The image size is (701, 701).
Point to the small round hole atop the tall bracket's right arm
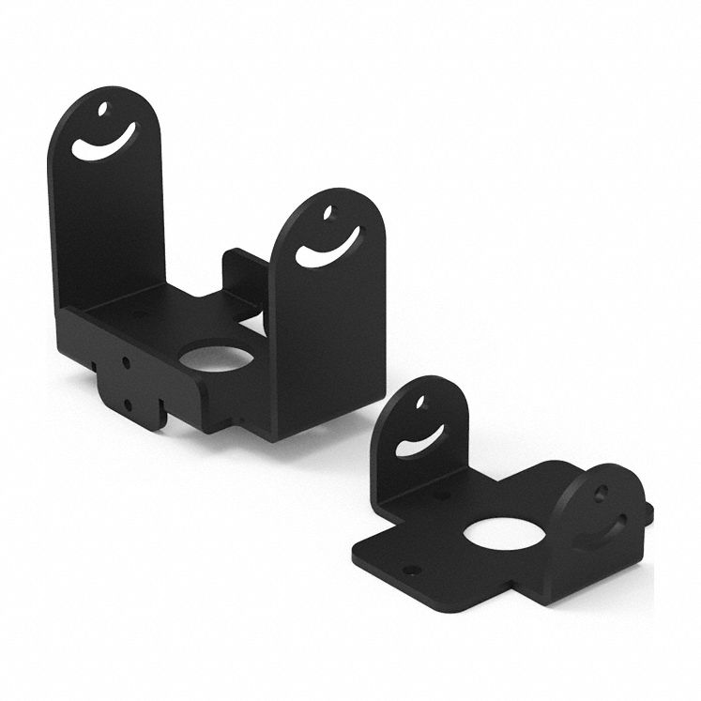click(328, 214)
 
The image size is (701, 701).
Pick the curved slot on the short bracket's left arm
click(420, 442)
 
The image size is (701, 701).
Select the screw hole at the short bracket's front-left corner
click(406, 569)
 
